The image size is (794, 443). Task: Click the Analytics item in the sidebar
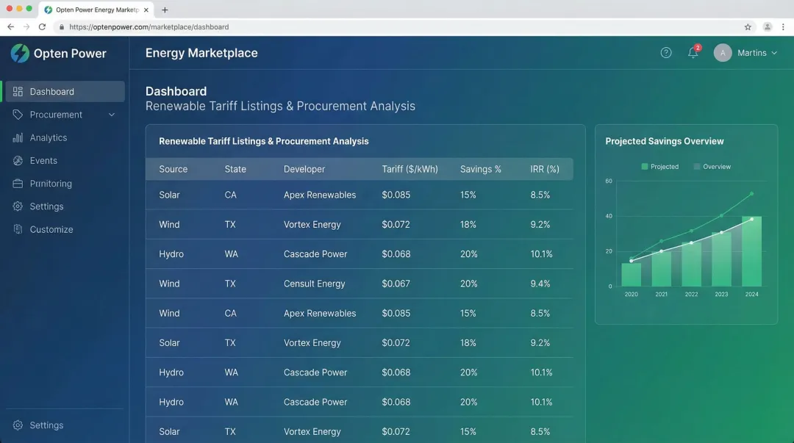(48, 137)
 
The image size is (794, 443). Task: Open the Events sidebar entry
(43, 160)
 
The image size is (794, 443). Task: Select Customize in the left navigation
(51, 229)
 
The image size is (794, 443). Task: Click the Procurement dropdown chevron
(112, 115)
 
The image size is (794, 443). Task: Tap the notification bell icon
(693, 53)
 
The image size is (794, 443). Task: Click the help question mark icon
(666, 53)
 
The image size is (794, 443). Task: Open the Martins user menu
(745, 53)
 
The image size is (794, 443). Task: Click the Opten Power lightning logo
(20, 53)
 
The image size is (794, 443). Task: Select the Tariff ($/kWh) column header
(409, 169)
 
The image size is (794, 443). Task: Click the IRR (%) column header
(544, 169)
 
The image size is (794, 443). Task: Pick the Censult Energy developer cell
(314, 284)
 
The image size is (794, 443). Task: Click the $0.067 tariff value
(396, 284)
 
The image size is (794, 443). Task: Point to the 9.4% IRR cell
(540, 284)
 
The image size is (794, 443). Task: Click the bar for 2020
(632, 274)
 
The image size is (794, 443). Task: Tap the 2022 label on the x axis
(691, 295)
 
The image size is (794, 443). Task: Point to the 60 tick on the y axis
(609, 181)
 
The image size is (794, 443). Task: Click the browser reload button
(42, 27)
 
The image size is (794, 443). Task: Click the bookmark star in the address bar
(748, 27)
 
